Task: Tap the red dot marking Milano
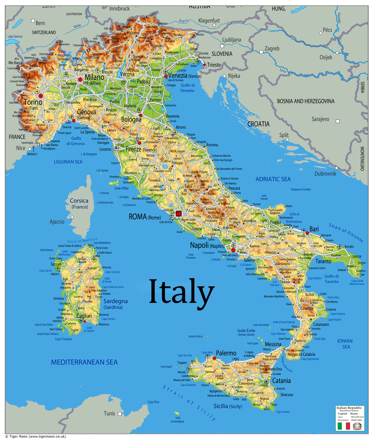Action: [80, 80]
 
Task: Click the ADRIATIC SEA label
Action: [273, 179]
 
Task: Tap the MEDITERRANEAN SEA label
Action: [84, 362]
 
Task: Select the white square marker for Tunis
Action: [120, 414]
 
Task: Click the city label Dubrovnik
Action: [328, 174]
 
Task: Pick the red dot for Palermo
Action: [214, 358]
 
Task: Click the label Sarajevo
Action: [320, 119]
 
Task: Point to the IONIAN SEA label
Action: [345, 344]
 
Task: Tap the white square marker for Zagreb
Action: [261, 52]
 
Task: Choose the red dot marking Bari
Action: [307, 233]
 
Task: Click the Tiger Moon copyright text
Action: [36, 436]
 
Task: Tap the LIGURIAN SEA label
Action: [68, 162]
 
